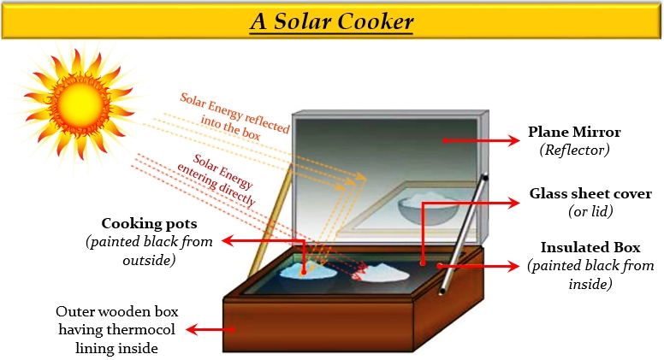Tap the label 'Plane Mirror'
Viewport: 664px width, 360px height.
[574, 133]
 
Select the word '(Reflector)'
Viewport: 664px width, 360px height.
[573, 150]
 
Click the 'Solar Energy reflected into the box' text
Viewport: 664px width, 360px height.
[234, 109]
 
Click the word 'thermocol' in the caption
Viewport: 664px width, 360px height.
[147, 330]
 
